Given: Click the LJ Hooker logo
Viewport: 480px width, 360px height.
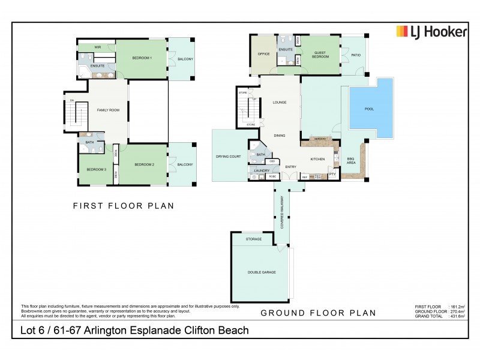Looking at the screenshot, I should coord(430,32).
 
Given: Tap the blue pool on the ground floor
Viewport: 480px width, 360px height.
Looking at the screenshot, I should coord(371,110).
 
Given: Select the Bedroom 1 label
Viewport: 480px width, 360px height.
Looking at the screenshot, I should coord(142,58).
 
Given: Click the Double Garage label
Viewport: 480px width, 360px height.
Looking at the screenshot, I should coord(261,272).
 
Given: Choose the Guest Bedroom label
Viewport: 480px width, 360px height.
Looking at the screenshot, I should coord(320,55).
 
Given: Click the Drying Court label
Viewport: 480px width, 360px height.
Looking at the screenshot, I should coord(228,157).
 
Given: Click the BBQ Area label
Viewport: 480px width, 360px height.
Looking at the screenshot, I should coord(351,160).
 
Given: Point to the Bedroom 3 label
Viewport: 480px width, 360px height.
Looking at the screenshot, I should coord(96,170).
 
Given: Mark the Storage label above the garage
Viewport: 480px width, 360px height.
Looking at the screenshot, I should coord(254,239).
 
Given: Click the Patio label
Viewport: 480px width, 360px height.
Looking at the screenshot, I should coord(355,55).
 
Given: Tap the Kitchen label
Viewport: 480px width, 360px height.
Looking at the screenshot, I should coord(317,158).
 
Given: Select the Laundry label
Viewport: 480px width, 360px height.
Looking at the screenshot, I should coord(261,170).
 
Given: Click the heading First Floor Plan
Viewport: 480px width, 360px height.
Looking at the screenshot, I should coord(123,206).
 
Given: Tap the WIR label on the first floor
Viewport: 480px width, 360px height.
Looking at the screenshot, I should coord(97,47).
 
